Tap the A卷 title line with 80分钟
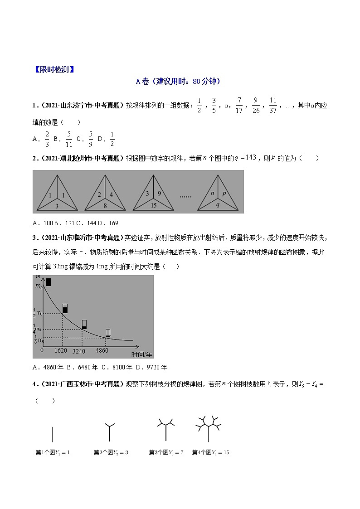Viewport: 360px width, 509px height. pyautogui.click(x=178, y=82)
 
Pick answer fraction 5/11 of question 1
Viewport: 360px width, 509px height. pyautogui.click(x=68, y=140)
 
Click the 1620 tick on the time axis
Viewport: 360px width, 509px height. pyautogui.click(x=61, y=350)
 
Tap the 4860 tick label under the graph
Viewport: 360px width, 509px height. pyautogui.click(x=102, y=350)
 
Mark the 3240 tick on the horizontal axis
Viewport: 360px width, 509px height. pyautogui.click(x=79, y=351)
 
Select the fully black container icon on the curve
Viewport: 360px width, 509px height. pyautogui.click(x=48, y=281)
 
